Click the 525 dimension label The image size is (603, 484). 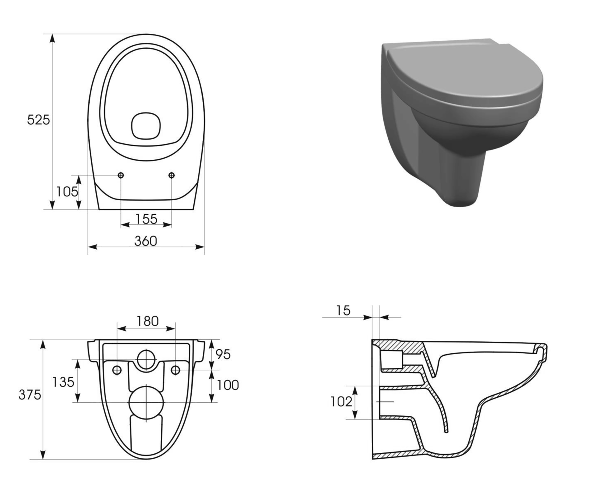pos(38,120)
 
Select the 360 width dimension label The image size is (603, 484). pos(146,241)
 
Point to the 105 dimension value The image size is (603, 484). pos(67,192)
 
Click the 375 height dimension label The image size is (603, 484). pos(30,395)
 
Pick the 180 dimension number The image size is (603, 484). pos(147,321)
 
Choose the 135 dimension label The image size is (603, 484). pos(63,382)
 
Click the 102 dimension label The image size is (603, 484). pos(341,402)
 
